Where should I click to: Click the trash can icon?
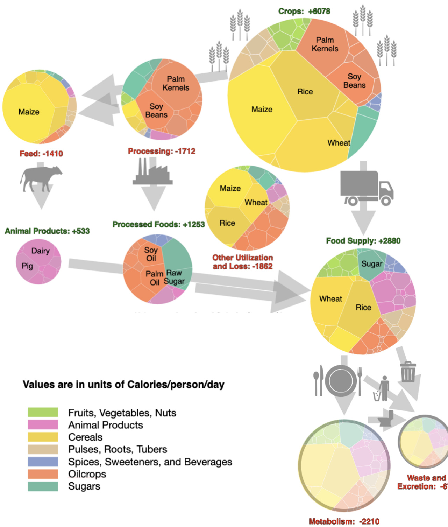[x=408, y=372]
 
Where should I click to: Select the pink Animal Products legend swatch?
[x=43, y=425]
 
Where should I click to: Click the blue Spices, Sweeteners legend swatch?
[x=43, y=462]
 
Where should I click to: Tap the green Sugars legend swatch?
[x=43, y=486]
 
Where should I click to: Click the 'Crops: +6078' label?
[x=304, y=11]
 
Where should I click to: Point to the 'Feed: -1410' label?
[x=41, y=154]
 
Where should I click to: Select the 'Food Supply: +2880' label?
[x=363, y=241]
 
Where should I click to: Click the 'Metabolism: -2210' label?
[x=344, y=521]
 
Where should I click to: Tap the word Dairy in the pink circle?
[x=41, y=251]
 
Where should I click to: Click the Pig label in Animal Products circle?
[x=27, y=266]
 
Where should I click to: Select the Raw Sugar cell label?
[x=174, y=277]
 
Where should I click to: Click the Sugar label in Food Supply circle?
[x=372, y=264]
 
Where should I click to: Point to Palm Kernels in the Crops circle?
[x=325, y=44]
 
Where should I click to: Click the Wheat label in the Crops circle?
[x=339, y=143]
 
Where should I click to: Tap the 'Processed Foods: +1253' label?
[x=158, y=224]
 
